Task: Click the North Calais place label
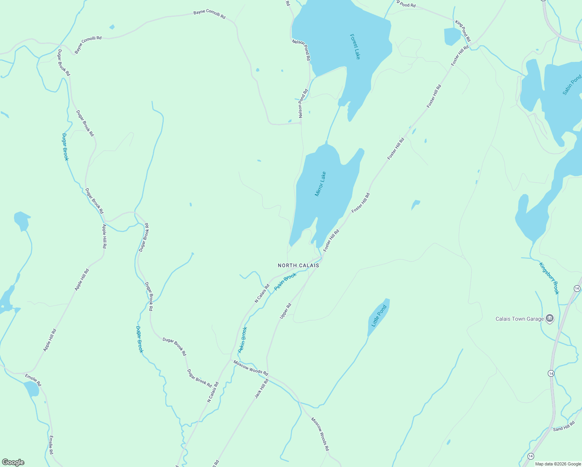click(298, 265)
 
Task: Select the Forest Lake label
click(355, 47)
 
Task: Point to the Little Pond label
click(379, 316)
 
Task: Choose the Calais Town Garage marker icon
click(550, 319)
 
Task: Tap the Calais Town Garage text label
click(519, 319)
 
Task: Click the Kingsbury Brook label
click(549, 278)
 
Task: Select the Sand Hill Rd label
click(564, 426)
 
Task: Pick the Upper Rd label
click(286, 311)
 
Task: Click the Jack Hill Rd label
click(261, 389)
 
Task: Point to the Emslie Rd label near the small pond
click(33, 380)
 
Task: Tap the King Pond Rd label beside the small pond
click(463, 31)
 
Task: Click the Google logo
click(13, 462)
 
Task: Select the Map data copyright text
click(558, 464)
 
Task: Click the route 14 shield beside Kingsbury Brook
click(577, 288)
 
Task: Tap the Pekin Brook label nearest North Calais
click(285, 281)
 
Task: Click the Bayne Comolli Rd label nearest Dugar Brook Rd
click(88, 44)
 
